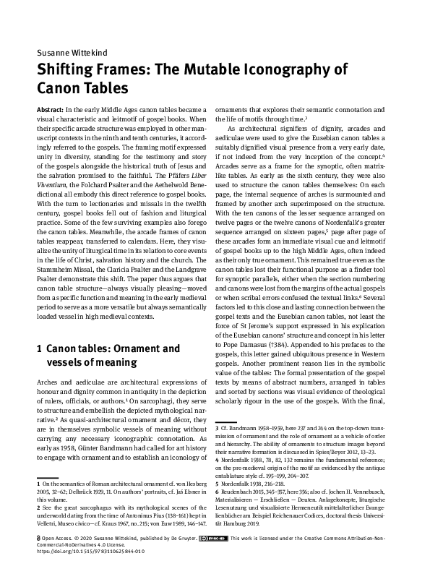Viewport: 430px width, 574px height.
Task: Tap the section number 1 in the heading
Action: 39,348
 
